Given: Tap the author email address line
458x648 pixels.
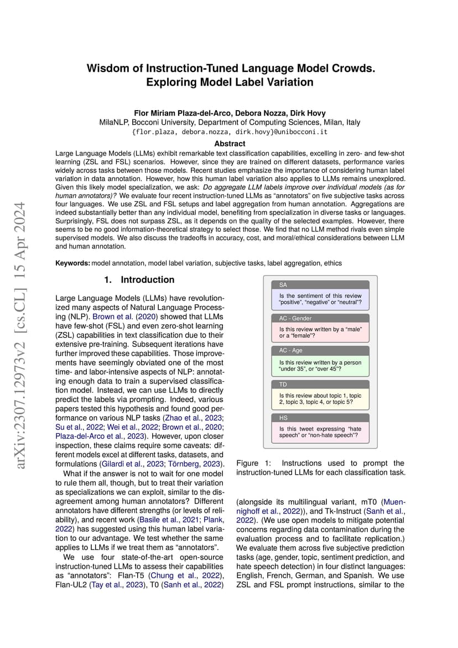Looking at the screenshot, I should click(229, 132).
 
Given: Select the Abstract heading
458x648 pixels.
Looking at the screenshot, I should click(230, 143).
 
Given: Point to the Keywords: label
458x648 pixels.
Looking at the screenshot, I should click(72, 263).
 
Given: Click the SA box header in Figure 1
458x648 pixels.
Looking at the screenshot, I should click(283, 285).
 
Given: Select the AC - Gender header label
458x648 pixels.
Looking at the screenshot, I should click(295, 318).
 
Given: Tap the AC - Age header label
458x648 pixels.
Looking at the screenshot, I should click(291, 350).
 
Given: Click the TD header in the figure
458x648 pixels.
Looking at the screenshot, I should click(283, 384).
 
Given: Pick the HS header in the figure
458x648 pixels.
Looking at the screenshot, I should click(283, 418).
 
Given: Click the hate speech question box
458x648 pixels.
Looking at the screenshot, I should click(320, 432).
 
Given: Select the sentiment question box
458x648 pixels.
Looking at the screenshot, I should click(320, 299).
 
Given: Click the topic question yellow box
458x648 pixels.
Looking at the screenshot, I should click(320, 399).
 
